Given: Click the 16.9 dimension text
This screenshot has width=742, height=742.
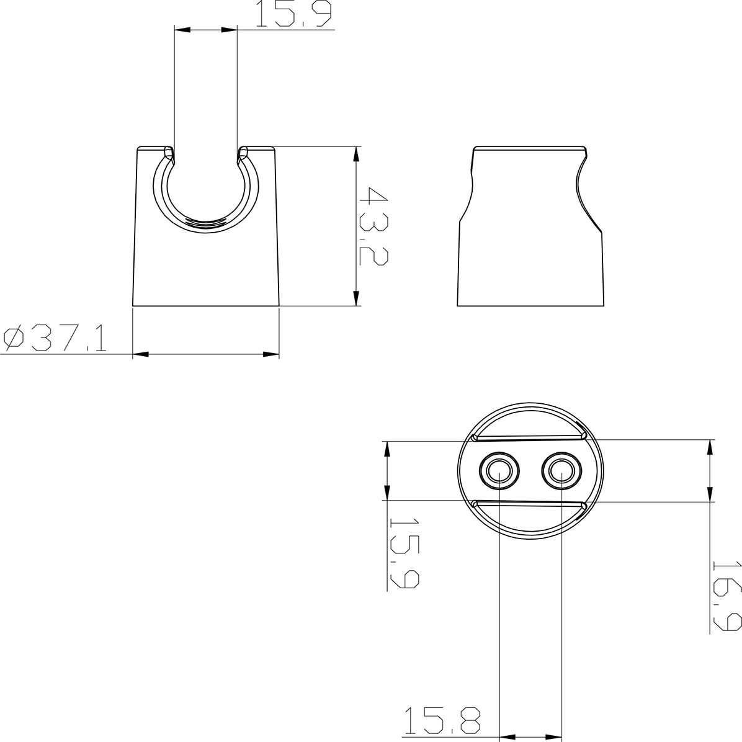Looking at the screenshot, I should coord(726,596).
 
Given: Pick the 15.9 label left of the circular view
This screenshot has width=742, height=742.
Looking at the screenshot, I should coord(404,554).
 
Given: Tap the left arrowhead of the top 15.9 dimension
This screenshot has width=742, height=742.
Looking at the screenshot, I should coord(182,29).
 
